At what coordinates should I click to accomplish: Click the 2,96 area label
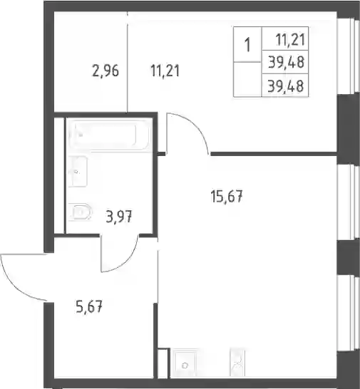[x=106, y=71]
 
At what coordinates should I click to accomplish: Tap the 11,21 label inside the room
[x=165, y=71]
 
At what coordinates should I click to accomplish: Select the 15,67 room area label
[x=227, y=196]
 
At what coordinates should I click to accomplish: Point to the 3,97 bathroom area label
[x=119, y=216]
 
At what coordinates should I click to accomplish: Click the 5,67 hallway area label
[x=89, y=307]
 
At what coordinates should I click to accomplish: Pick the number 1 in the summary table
[x=247, y=45]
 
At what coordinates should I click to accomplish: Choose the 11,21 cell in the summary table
[x=285, y=38]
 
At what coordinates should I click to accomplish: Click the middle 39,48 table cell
[x=285, y=62]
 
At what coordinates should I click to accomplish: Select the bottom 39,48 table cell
[x=285, y=85]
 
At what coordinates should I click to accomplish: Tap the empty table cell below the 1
[x=247, y=79]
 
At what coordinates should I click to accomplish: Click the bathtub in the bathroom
[x=110, y=135]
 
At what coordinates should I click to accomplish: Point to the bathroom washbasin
[x=78, y=171]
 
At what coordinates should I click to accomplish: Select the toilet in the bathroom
[x=80, y=212]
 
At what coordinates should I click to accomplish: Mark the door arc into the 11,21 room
[x=196, y=127]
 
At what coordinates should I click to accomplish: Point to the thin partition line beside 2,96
[x=128, y=62]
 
